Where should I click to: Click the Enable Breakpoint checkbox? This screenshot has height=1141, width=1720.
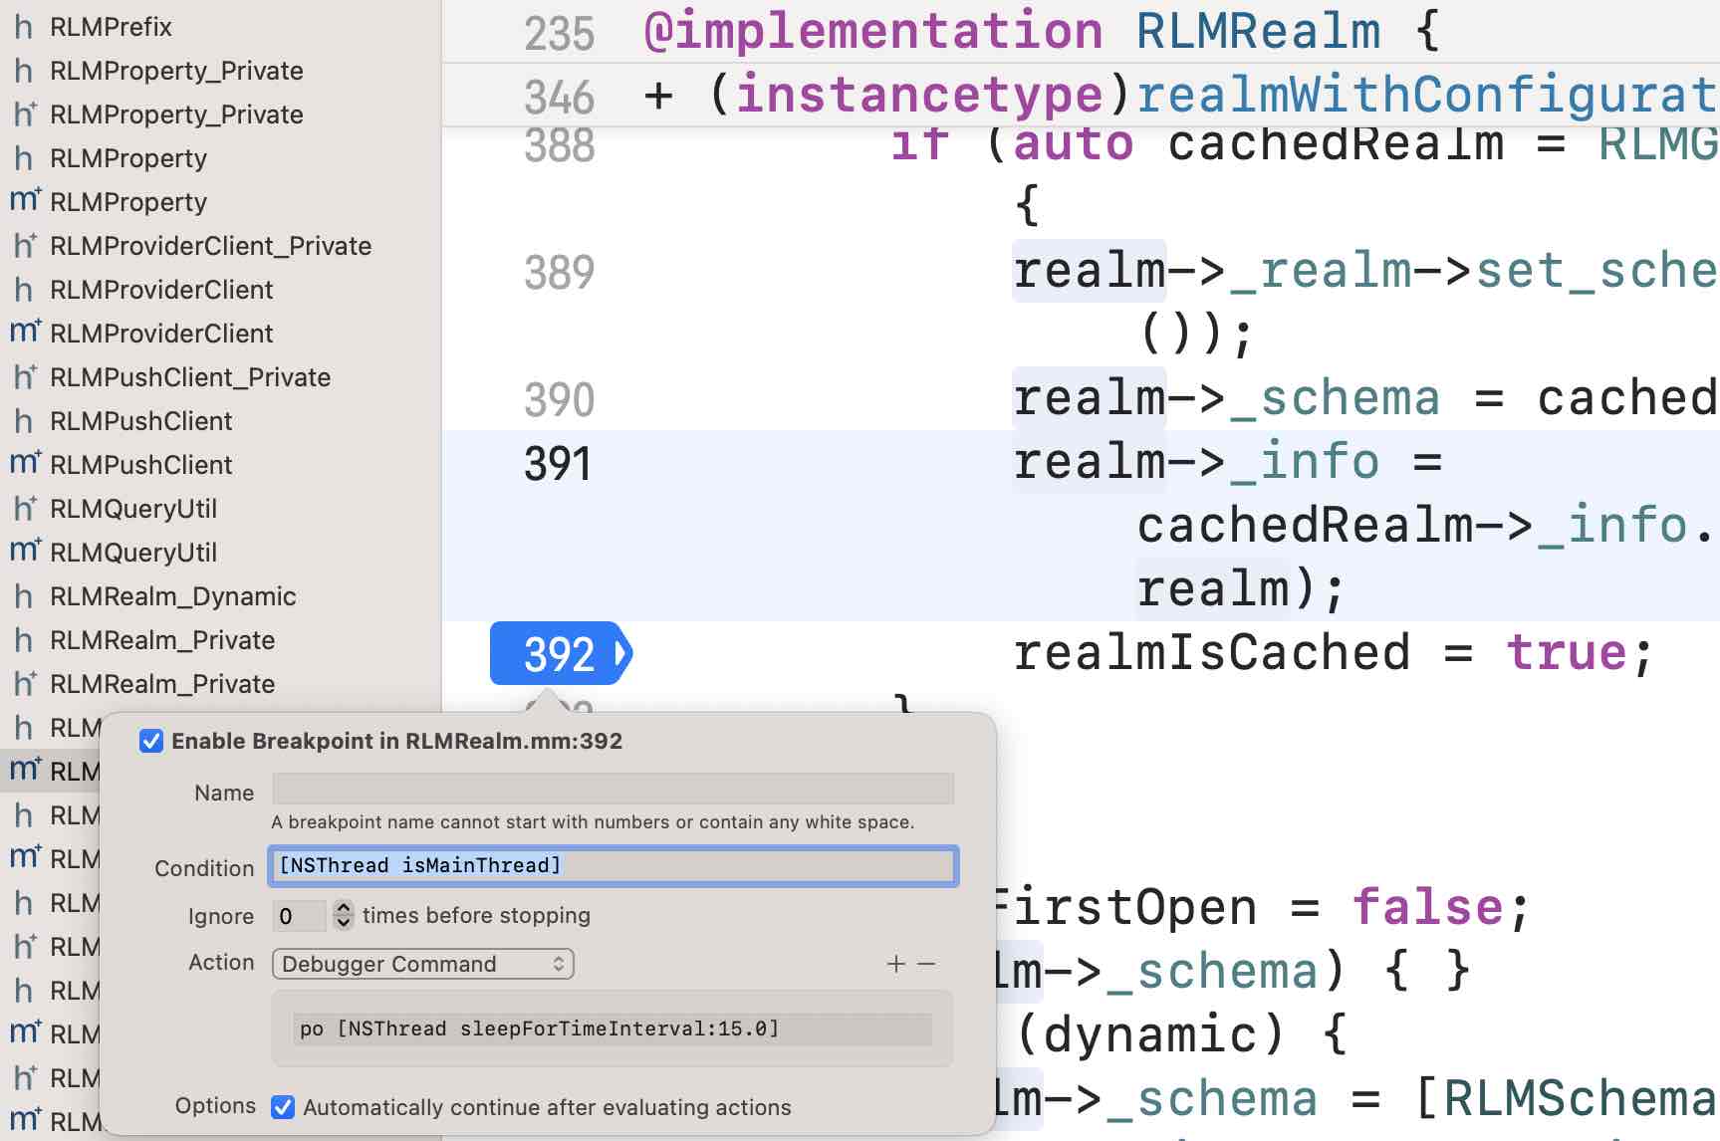151,741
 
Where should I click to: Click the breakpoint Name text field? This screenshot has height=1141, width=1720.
613,790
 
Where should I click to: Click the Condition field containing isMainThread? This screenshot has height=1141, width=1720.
613,866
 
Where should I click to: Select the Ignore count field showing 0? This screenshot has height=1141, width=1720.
298,916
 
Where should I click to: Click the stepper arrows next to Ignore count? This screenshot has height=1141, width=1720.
344,915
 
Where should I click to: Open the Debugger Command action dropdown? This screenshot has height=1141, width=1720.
422,964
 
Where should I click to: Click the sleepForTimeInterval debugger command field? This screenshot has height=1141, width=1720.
613,1029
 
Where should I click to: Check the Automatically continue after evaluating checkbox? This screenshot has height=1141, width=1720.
284,1107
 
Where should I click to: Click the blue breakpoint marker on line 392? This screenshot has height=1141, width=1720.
560,654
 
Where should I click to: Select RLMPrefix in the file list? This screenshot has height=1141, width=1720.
111,27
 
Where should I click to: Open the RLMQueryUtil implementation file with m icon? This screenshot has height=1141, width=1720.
132,553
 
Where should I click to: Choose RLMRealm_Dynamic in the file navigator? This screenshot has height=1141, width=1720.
172,596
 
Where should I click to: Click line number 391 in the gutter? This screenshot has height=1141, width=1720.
558,464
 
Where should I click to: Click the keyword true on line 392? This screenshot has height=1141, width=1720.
1567,654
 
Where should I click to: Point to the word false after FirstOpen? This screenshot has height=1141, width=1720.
1427,907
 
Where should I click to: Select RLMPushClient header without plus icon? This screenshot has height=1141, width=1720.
140,421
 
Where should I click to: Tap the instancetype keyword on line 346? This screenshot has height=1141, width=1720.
918,96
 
